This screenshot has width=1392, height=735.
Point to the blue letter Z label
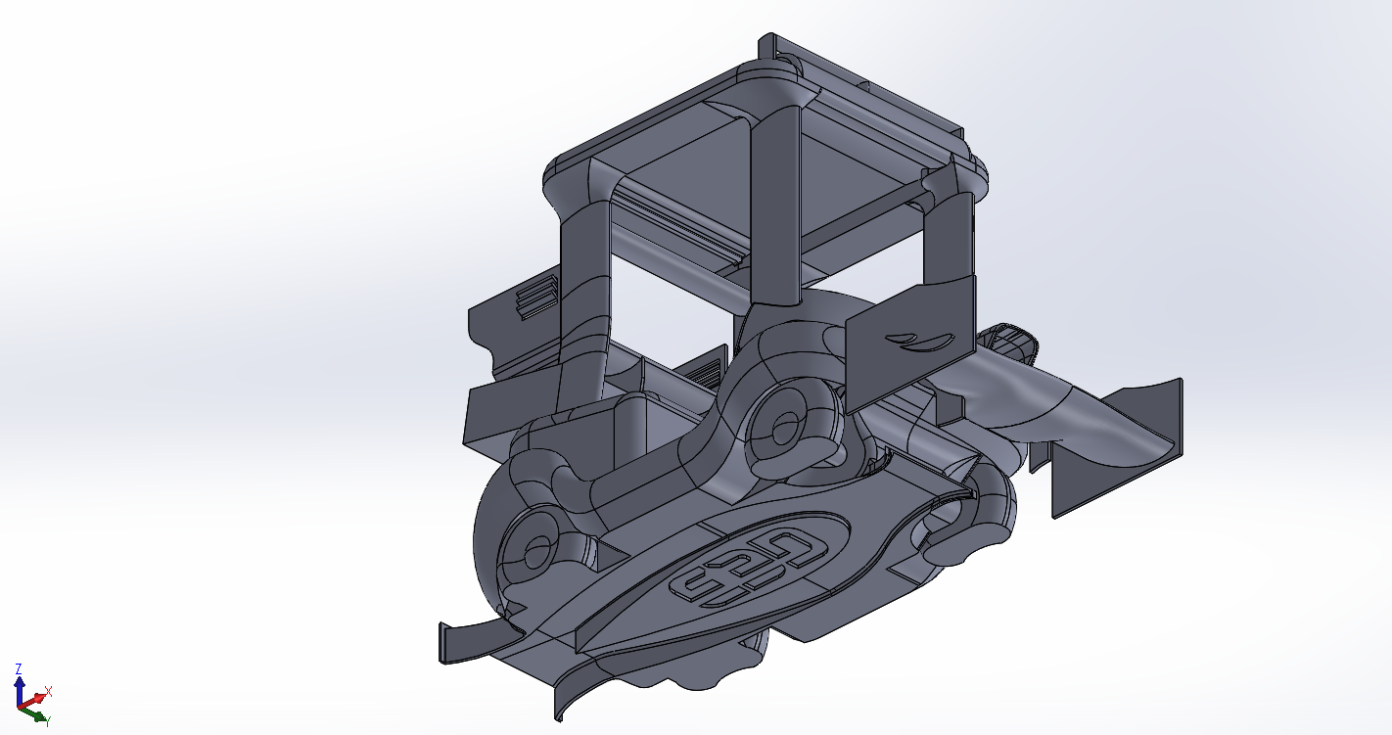click(19, 668)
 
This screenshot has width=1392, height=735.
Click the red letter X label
click(48, 691)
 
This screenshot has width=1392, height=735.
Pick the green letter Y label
click(48, 722)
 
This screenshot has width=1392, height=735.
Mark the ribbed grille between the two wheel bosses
click(703, 371)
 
